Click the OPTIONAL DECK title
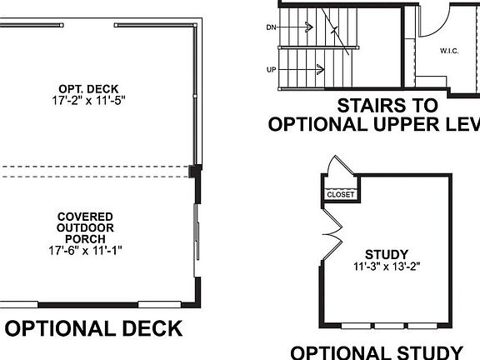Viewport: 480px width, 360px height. click(93, 328)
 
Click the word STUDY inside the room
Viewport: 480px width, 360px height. click(385, 254)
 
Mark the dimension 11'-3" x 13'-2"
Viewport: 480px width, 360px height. click(385, 267)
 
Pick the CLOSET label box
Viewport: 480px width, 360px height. click(340, 194)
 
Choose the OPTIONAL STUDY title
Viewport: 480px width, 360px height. click(377, 352)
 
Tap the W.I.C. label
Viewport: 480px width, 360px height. click(450, 52)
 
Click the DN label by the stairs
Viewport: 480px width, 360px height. click(271, 27)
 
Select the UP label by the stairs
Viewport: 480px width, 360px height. click(271, 69)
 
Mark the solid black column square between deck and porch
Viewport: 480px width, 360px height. click(195, 171)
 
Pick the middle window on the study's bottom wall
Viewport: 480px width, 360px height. click(386, 325)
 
